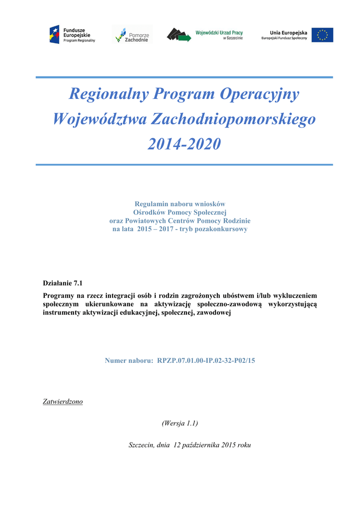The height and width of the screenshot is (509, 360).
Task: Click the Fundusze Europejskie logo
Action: [x=72, y=34]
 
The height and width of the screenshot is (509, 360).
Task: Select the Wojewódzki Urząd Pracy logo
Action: [x=205, y=34]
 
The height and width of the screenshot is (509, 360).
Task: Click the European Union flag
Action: [x=322, y=35]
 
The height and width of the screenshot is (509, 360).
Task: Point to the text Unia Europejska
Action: [x=288, y=32]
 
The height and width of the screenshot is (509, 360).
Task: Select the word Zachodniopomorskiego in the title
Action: [x=233, y=119]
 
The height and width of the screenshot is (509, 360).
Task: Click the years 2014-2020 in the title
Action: [x=184, y=144]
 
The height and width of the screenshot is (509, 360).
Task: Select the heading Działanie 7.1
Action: [x=63, y=283]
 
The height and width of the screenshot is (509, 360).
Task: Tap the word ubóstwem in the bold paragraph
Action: [x=233, y=295]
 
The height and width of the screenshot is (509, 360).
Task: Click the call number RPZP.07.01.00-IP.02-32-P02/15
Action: [x=206, y=360]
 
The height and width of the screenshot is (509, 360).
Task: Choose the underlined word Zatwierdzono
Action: [x=63, y=401]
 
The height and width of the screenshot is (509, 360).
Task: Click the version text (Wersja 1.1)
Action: [x=180, y=423]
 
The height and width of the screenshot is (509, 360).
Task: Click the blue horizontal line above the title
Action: [x=184, y=77]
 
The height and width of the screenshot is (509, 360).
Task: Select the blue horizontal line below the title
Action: [x=184, y=164]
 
